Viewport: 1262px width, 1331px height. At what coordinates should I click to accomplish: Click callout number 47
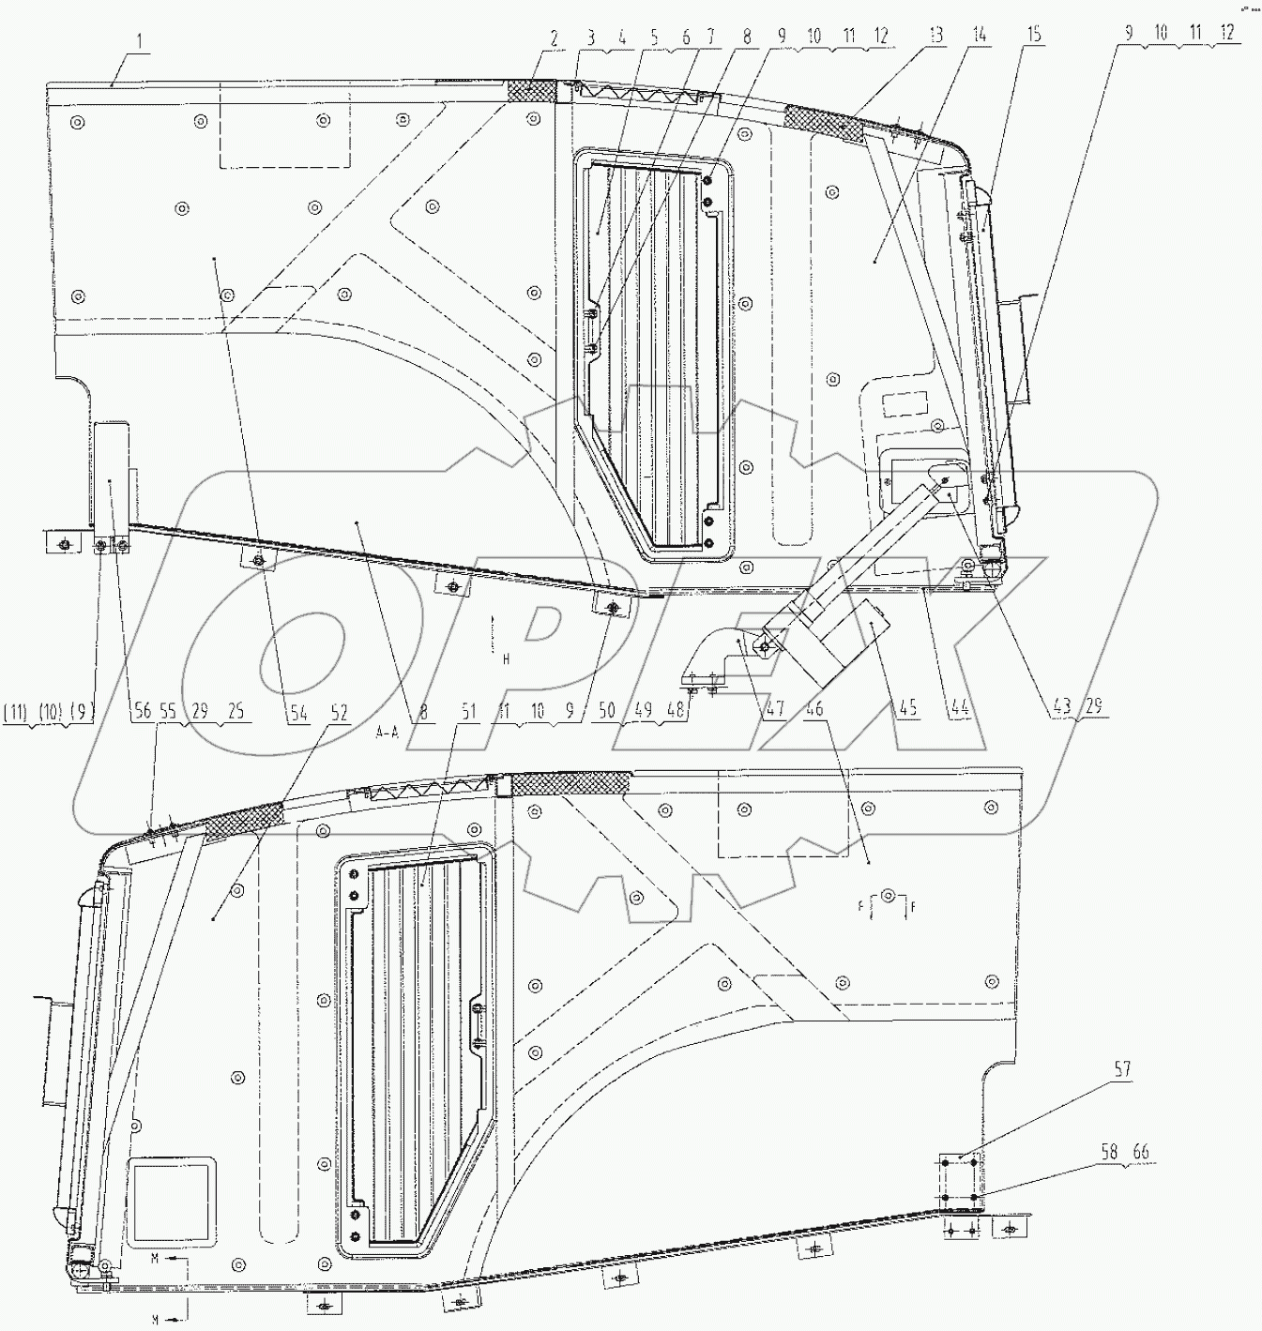click(773, 712)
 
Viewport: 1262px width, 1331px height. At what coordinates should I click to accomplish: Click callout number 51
click(467, 711)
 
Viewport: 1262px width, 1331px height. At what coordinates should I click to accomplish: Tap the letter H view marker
click(505, 659)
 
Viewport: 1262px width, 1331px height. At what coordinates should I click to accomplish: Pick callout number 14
click(978, 37)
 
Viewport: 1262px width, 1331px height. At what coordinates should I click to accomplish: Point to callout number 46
click(814, 710)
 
